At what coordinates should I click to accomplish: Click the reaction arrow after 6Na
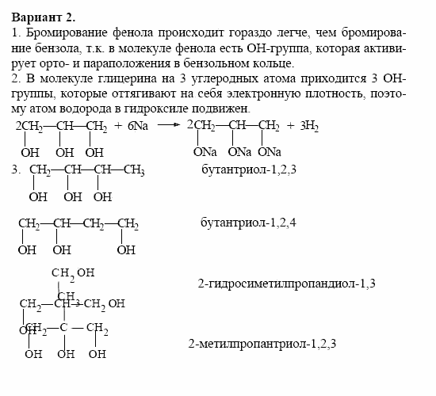coord(167,126)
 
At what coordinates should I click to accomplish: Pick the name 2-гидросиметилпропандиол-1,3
coord(286,283)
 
